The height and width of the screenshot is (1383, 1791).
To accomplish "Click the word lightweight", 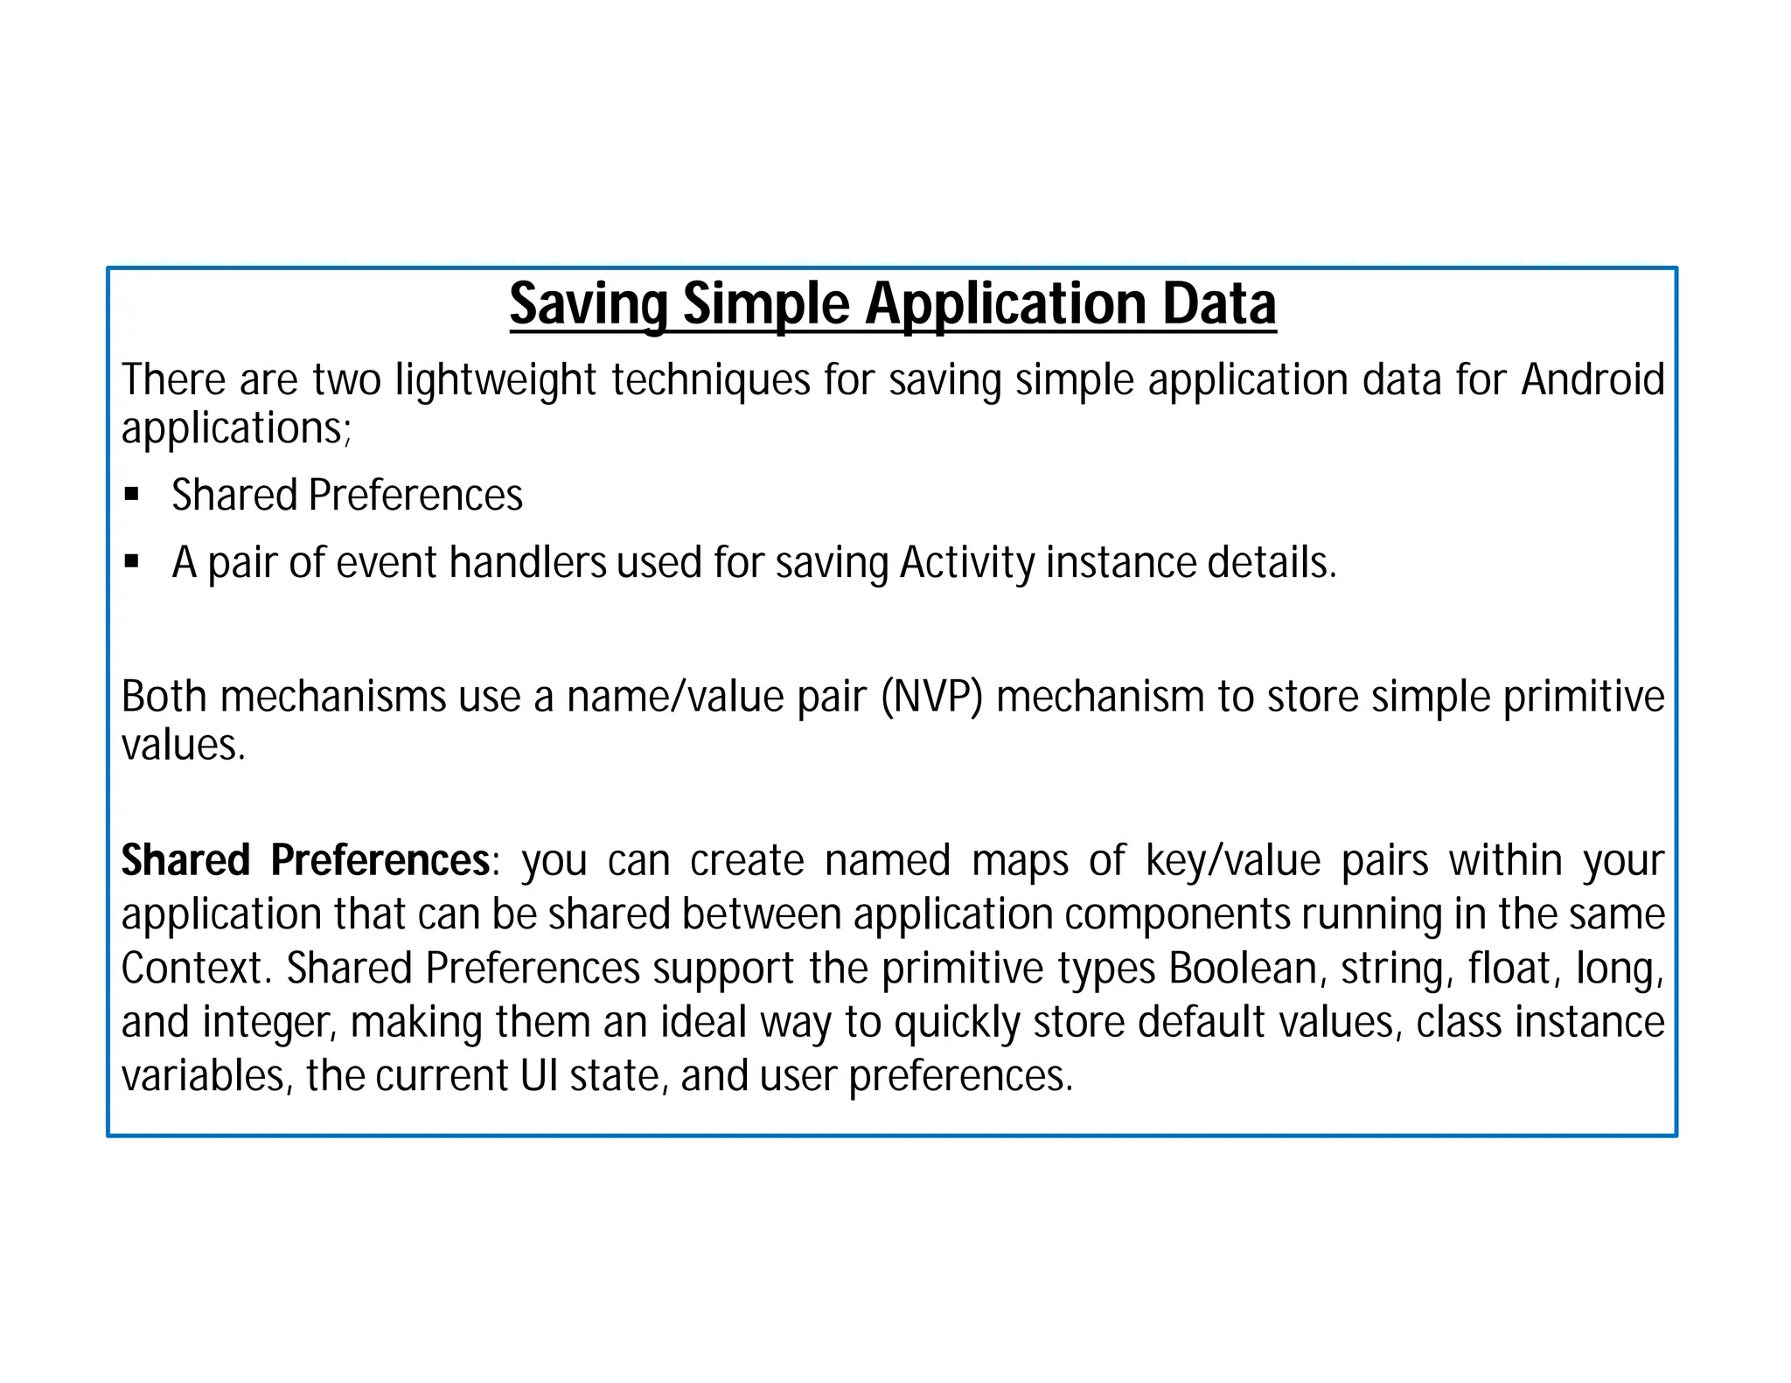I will (496, 382).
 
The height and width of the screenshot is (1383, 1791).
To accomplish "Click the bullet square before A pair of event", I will (132, 562).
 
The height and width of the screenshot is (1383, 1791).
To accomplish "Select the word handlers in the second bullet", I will (527, 562).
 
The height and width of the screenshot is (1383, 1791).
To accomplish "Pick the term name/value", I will (675, 698).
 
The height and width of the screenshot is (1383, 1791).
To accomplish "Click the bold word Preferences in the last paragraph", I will (380, 861).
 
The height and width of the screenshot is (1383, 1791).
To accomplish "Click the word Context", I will (192, 969).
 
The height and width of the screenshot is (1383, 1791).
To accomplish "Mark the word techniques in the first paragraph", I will (711, 382).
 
